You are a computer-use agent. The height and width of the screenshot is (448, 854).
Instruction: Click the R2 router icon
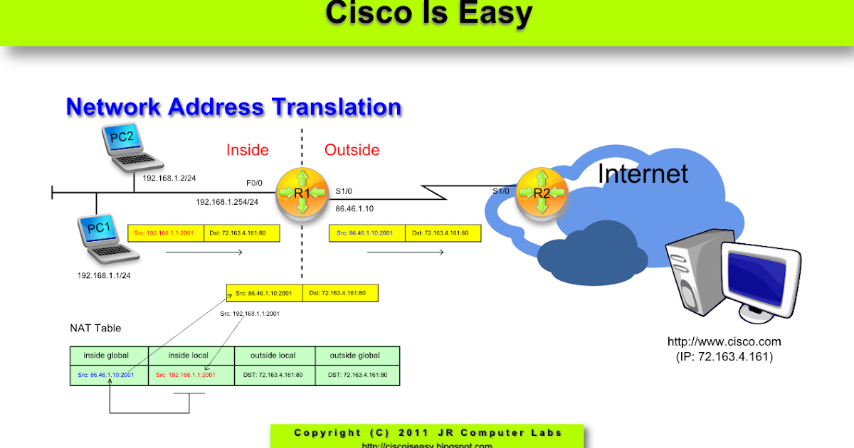[x=542, y=192]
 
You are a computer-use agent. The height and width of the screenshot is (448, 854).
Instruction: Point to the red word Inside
[x=247, y=150]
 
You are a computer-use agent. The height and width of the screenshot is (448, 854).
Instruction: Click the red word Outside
[x=352, y=150]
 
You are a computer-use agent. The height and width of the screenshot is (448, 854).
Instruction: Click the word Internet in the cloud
[x=642, y=174]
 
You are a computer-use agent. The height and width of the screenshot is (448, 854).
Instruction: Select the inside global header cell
[x=109, y=356]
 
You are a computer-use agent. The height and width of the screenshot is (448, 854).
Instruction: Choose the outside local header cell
[x=274, y=356]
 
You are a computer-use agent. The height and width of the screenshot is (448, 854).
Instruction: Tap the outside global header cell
[x=358, y=356]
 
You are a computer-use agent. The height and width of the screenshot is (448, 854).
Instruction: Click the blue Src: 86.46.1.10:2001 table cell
[x=109, y=375]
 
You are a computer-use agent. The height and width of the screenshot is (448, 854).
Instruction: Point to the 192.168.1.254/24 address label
[x=227, y=202]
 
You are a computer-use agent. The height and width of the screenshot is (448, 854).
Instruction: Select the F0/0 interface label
[x=255, y=183]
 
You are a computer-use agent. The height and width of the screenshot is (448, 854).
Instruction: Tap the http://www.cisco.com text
[x=724, y=342]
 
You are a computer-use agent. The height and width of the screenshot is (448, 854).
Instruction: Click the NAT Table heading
[x=95, y=328]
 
